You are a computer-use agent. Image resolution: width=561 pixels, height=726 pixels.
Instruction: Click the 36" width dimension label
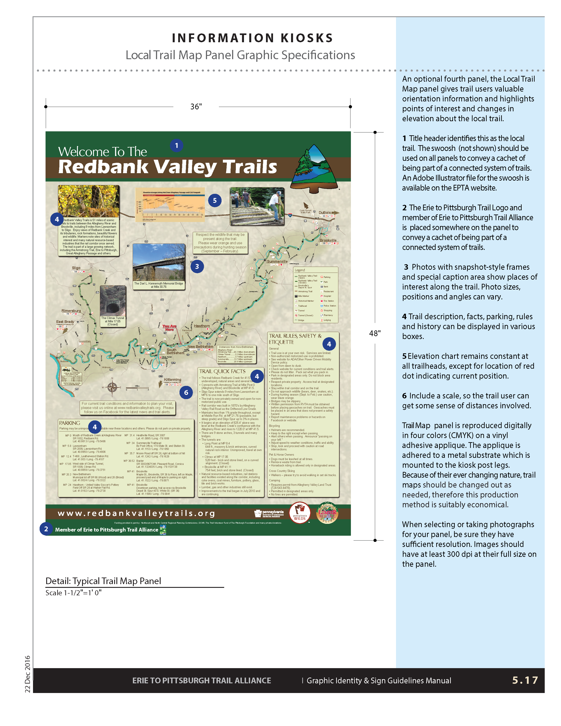click(196, 107)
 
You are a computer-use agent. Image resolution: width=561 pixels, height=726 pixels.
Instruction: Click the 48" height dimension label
click(375, 334)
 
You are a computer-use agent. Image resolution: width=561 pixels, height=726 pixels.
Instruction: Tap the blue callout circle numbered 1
click(176, 146)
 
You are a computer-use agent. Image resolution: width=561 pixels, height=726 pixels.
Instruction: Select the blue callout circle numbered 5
click(215, 200)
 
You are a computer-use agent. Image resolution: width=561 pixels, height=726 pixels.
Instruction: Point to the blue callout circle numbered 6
click(186, 392)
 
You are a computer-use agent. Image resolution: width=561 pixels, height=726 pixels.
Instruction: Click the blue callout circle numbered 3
click(197, 266)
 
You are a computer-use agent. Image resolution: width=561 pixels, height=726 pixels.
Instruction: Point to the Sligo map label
click(76, 268)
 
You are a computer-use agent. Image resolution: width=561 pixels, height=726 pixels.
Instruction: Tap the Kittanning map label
click(172, 380)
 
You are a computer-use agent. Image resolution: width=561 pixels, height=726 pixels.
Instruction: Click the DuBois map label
click(325, 213)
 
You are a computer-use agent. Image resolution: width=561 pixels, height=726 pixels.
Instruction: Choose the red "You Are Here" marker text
click(169, 328)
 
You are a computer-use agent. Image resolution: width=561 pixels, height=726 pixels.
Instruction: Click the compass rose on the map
click(112, 387)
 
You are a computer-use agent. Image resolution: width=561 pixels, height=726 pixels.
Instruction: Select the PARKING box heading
click(70, 423)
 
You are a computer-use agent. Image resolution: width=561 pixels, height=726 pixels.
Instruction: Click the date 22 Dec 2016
click(27, 674)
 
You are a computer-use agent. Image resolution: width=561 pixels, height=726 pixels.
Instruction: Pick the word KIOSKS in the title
click(306, 38)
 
